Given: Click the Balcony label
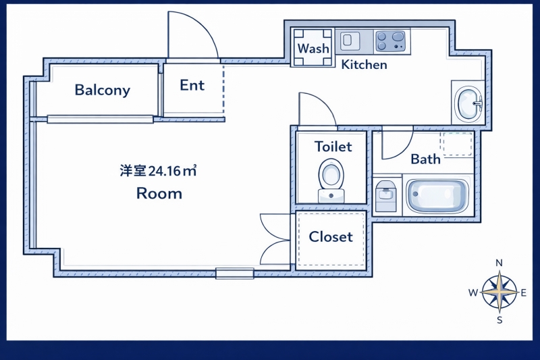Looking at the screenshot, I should coord(103,90).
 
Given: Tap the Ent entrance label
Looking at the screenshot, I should coord(192,85).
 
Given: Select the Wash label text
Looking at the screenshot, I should coord(313,49).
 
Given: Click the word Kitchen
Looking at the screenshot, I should coord(364,65).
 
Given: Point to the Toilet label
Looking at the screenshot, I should coord(333,147).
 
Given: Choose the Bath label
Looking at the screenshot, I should coord(425,159).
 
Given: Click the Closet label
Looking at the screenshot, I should coord(331,237).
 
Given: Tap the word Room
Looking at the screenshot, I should coord(159,194).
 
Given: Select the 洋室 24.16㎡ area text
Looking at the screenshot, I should coord(158,171).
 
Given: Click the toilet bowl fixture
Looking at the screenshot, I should coord(331,178).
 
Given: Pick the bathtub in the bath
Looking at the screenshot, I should coord(437,196).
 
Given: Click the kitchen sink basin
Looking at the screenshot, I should coord(350,40).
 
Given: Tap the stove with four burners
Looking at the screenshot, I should coord(391,41).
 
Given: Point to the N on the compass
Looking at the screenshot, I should coord(499,263).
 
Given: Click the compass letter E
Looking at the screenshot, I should coord(524,292).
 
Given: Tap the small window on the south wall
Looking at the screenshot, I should coord(234,274).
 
